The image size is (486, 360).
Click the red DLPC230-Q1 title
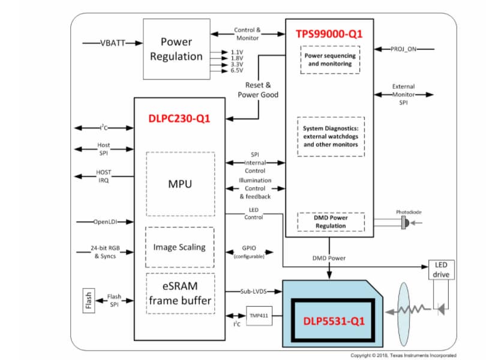179,118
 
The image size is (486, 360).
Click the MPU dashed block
180,184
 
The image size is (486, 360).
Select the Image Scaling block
179,247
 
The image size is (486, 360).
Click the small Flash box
88,298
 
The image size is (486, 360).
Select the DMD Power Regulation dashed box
331,222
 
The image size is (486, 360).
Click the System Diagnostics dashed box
331,137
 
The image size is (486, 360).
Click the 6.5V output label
237,70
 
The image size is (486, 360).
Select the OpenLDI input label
106,221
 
